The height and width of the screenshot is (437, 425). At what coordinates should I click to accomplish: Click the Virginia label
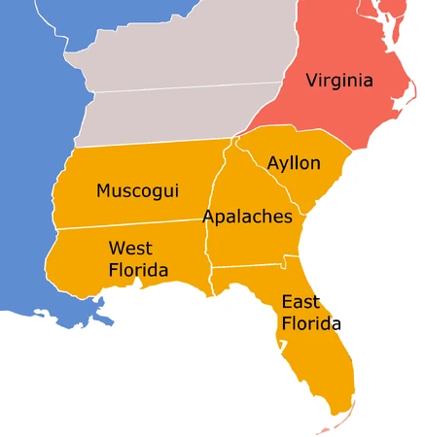[338, 80]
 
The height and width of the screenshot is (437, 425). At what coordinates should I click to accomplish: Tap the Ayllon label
[293, 163]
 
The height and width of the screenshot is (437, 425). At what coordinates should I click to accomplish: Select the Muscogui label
[137, 190]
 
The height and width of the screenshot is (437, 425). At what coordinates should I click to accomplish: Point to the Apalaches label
[247, 217]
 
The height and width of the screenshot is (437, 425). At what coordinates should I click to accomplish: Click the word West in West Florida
[129, 248]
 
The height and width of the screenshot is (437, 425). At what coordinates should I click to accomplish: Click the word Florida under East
[311, 323]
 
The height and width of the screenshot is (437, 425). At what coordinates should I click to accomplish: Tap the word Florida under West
[138, 270]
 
